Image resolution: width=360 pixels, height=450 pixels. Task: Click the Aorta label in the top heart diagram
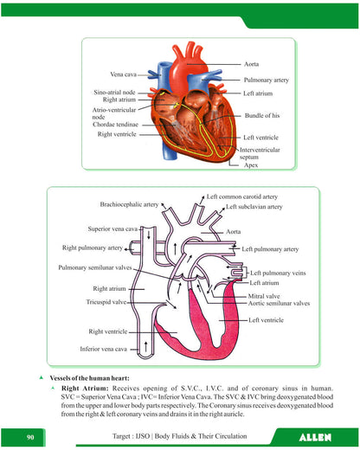pyautogui.click(x=251, y=64)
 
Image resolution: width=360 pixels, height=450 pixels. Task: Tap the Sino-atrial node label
pyautogui.click(x=114, y=93)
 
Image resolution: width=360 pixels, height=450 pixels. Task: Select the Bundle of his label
pyautogui.click(x=262, y=115)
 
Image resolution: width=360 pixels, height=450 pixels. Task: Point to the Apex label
pyautogui.click(x=251, y=165)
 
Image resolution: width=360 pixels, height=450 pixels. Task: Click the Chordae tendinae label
pyautogui.click(x=115, y=125)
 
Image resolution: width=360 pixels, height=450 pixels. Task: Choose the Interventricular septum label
pyautogui.click(x=260, y=153)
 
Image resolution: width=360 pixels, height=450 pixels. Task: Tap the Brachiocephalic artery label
pyautogui.click(x=129, y=204)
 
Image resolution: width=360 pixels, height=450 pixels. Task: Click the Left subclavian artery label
pyautogui.click(x=254, y=207)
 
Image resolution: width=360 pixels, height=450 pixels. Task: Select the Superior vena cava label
pyautogui.click(x=112, y=228)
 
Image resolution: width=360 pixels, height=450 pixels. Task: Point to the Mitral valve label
pyautogui.click(x=264, y=296)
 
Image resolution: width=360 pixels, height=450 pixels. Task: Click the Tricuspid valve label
pyautogui.click(x=106, y=302)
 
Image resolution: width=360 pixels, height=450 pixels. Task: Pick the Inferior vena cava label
pyautogui.click(x=103, y=349)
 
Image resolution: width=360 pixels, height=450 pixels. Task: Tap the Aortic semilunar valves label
pyautogui.click(x=279, y=303)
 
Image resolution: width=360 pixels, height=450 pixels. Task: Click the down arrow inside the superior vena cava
pyautogui.click(x=149, y=235)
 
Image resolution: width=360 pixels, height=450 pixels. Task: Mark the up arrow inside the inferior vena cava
pyautogui.click(x=145, y=347)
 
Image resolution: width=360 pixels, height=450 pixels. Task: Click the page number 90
pyautogui.click(x=30, y=437)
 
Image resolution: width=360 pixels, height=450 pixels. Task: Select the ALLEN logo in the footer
pyautogui.click(x=315, y=438)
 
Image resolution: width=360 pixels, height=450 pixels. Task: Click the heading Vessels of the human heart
pyautogui.click(x=89, y=378)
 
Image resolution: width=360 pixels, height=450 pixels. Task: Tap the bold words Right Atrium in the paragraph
pyautogui.click(x=85, y=389)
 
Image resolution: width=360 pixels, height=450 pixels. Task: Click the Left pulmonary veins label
pyautogui.click(x=278, y=273)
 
